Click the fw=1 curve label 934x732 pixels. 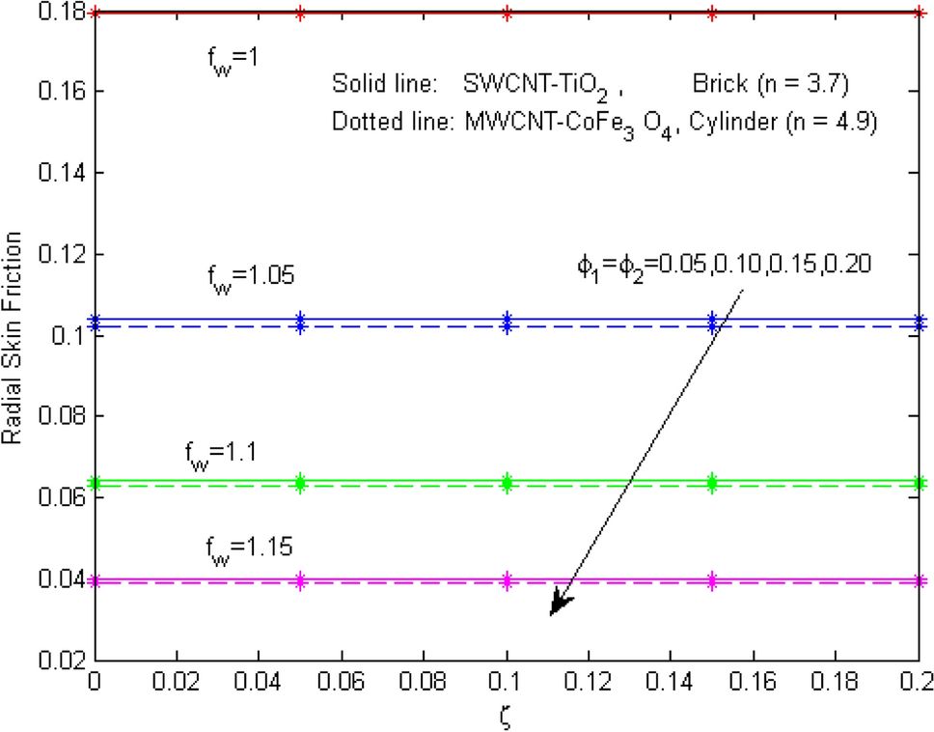click(220, 60)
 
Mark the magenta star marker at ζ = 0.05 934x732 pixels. click(300, 581)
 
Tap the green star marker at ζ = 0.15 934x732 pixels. click(712, 482)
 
